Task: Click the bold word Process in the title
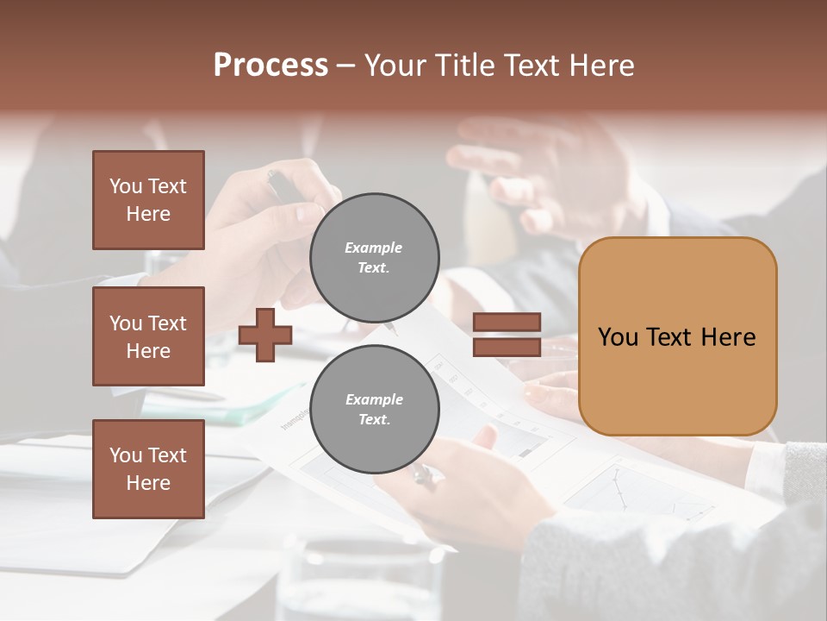point(270,66)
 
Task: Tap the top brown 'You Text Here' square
point(148,200)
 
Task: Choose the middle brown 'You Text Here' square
point(148,336)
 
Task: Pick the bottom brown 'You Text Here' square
point(148,469)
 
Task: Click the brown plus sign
point(265,335)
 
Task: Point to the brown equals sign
point(507,335)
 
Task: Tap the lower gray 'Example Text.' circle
point(375,410)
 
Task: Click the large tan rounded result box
point(677,336)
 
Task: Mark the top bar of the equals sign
point(507,323)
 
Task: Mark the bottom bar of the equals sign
point(507,347)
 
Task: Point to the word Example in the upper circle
point(374,248)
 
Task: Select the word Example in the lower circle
point(374,399)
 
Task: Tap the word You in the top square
point(125,186)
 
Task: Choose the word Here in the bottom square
point(148,483)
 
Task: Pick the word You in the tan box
point(618,337)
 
